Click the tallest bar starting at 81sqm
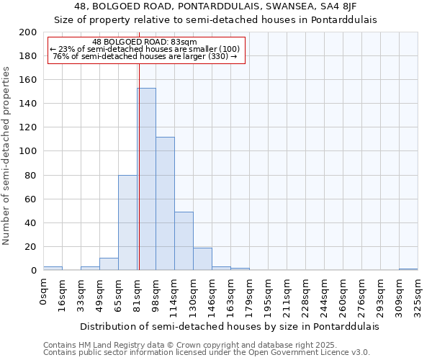click(146, 179)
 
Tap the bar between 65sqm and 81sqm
click(127, 222)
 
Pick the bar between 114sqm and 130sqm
click(184, 241)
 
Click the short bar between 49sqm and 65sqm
click(109, 264)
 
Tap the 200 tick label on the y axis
click(28, 32)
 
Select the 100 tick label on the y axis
click(28, 151)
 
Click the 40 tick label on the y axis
click(31, 222)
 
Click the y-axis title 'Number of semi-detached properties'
click(6, 156)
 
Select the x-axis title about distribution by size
click(229, 326)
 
